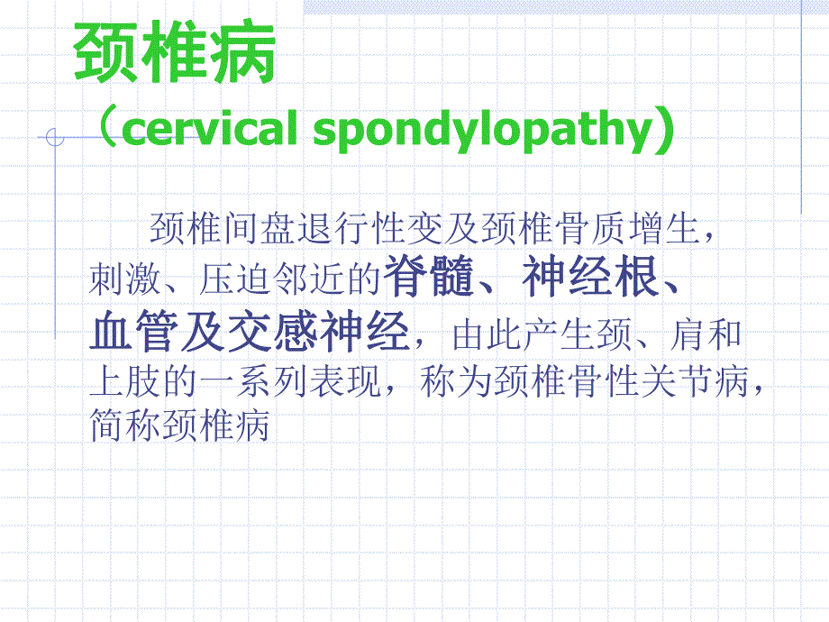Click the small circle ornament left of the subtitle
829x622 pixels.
point(55,138)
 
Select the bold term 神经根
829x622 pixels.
point(589,280)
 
